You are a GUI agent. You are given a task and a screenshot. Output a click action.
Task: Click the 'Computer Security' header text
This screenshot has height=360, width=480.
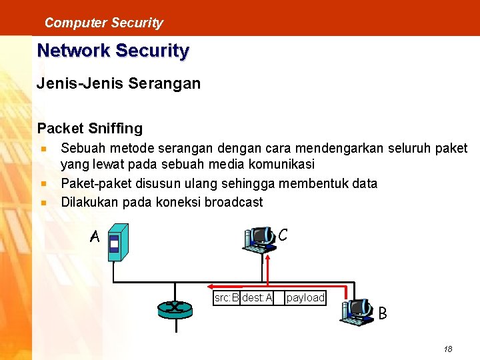(x=103, y=23)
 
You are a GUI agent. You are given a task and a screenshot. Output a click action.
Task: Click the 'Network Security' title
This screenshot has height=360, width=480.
(x=113, y=51)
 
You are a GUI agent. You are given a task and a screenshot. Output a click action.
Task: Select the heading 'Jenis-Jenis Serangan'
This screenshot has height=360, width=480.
(x=119, y=84)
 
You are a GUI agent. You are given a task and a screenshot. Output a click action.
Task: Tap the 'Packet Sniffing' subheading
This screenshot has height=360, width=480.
(x=90, y=127)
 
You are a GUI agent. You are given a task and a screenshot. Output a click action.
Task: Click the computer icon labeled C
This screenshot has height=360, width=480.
(x=260, y=241)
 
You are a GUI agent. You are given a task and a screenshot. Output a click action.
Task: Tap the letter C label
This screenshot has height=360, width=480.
(x=283, y=235)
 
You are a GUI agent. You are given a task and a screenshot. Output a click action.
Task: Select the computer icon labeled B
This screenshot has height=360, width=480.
(x=357, y=311)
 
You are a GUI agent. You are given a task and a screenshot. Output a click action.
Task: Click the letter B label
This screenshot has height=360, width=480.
(x=383, y=312)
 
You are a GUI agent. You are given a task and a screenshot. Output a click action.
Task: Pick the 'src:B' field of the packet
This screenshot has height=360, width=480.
(x=227, y=298)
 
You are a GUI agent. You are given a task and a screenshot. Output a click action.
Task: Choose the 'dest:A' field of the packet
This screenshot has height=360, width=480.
(x=257, y=298)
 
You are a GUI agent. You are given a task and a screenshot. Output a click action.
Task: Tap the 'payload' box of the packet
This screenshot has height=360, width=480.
(x=305, y=298)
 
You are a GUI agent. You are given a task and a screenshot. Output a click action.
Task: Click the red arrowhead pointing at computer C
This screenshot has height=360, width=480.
(x=268, y=256)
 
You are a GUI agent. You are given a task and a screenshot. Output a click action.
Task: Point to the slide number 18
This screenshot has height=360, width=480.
(x=447, y=349)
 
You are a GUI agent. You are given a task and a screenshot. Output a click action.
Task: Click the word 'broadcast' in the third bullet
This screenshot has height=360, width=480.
(x=233, y=202)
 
